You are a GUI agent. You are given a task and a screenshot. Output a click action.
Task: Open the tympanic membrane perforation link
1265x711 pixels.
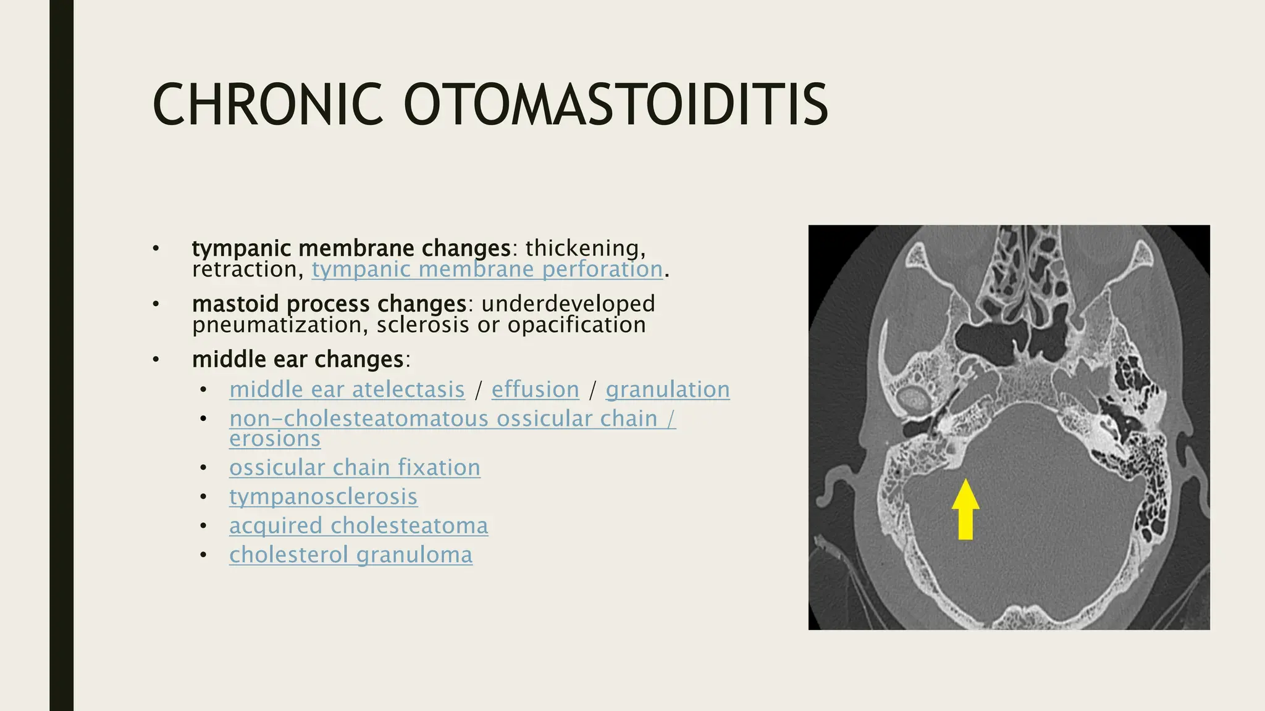tap(487, 270)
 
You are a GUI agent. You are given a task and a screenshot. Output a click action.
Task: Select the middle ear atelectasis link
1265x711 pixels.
tap(347, 390)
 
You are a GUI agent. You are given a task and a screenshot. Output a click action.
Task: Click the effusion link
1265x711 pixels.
tap(535, 390)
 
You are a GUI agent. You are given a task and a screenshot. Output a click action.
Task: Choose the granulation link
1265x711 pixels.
tap(667, 390)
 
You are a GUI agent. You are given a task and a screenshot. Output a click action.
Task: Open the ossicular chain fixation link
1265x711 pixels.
tap(355, 468)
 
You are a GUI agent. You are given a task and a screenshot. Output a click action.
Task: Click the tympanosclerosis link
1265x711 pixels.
tap(323, 497)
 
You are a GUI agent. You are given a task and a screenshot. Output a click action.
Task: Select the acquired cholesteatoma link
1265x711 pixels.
tap(358, 526)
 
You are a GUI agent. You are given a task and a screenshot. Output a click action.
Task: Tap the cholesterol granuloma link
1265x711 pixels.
tap(350, 555)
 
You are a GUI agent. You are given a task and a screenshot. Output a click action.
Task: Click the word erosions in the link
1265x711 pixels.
tap(275, 439)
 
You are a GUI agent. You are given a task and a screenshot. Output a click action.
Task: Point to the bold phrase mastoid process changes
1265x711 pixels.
tap(329, 304)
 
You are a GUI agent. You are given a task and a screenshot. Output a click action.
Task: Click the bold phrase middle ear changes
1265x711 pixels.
tap(298, 360)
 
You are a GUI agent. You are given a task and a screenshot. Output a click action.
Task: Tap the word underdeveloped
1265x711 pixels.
tap(568, 304)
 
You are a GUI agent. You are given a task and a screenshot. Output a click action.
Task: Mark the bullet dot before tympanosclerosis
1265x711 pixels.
tap(204, 497)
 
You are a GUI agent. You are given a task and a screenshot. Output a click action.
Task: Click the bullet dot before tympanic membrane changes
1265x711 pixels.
tap(156, 249)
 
